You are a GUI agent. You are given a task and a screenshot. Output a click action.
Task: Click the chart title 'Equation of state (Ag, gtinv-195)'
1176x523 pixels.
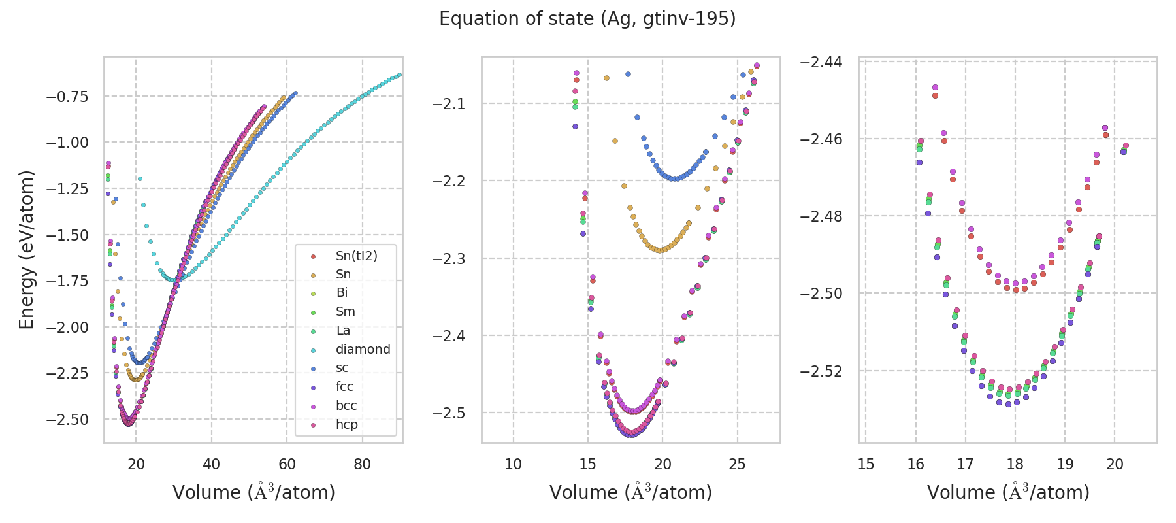pos(587,19)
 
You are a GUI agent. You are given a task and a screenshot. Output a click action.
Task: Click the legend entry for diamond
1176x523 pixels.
pos(363,349)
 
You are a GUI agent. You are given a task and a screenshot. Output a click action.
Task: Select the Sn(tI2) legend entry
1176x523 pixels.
pos(356,256)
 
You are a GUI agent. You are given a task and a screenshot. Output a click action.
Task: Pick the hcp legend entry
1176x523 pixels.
pos(346,424)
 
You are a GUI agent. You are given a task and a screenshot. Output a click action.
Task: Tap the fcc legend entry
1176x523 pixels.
pos(344,386)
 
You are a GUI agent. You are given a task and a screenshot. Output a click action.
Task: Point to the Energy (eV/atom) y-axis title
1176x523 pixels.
pos(26,249)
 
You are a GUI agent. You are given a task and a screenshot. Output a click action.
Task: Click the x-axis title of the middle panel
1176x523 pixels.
pos(630,492)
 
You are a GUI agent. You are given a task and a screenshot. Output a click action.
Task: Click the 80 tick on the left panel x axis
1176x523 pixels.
pos(362,464)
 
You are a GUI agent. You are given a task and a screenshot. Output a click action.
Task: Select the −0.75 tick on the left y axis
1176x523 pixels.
pos(67,97)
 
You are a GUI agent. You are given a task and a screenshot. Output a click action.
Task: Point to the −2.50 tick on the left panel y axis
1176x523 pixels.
pos(67,419)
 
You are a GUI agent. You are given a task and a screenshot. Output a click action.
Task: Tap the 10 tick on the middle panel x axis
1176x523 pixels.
pos(514,464)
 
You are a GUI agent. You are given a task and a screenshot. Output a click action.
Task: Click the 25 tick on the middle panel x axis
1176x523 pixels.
pos(737,464)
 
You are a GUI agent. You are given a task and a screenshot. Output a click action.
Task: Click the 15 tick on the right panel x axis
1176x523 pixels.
pos(866,464)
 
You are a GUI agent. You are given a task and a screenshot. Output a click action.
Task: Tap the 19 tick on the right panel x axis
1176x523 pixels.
pos(1065,464)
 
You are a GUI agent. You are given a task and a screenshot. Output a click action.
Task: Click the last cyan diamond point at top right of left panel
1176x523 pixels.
pos(399,75)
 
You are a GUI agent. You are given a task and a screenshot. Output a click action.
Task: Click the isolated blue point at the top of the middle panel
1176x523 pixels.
pos(628,74)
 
